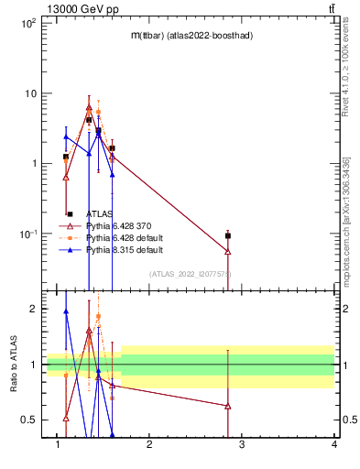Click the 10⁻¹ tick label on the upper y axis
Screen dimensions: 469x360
pos(27,234)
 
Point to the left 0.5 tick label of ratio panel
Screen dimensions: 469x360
pos(29,420)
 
